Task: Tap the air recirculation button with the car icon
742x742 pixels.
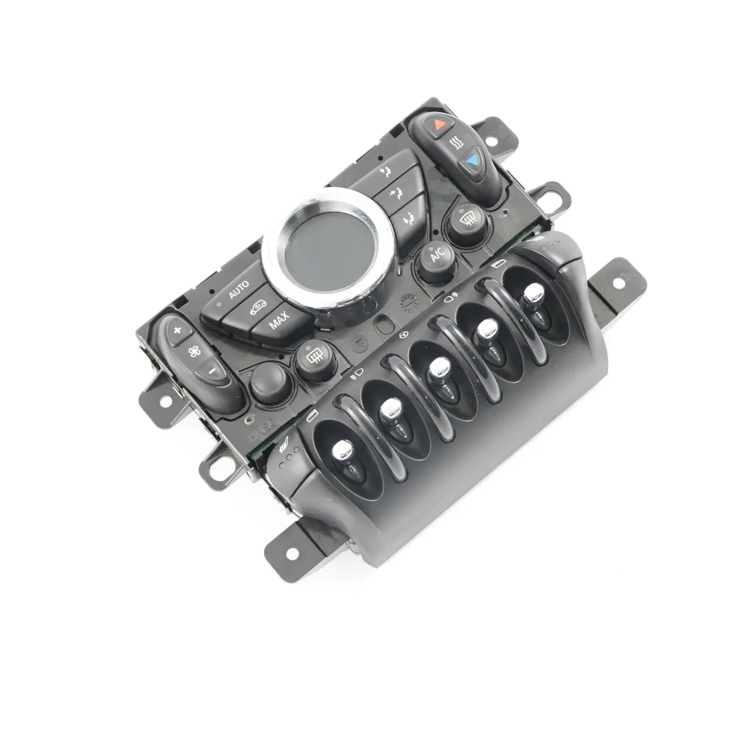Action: (x=258, y=306)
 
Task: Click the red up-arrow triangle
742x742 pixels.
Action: (x=440, y=125)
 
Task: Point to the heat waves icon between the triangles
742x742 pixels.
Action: (x=456, y=144)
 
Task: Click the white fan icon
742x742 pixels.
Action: (x=194, y=352)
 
